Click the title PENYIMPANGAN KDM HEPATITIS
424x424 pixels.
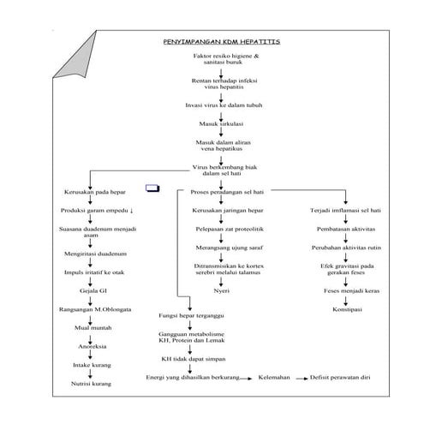point(221,42)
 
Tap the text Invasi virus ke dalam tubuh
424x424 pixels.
point(221,105)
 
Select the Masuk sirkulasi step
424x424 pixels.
point(221,123)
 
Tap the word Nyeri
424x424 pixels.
point(222,292)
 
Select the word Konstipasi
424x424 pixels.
point(345,308)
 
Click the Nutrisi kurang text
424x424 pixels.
point(92,382)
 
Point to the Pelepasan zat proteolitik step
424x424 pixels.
point(222,230)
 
